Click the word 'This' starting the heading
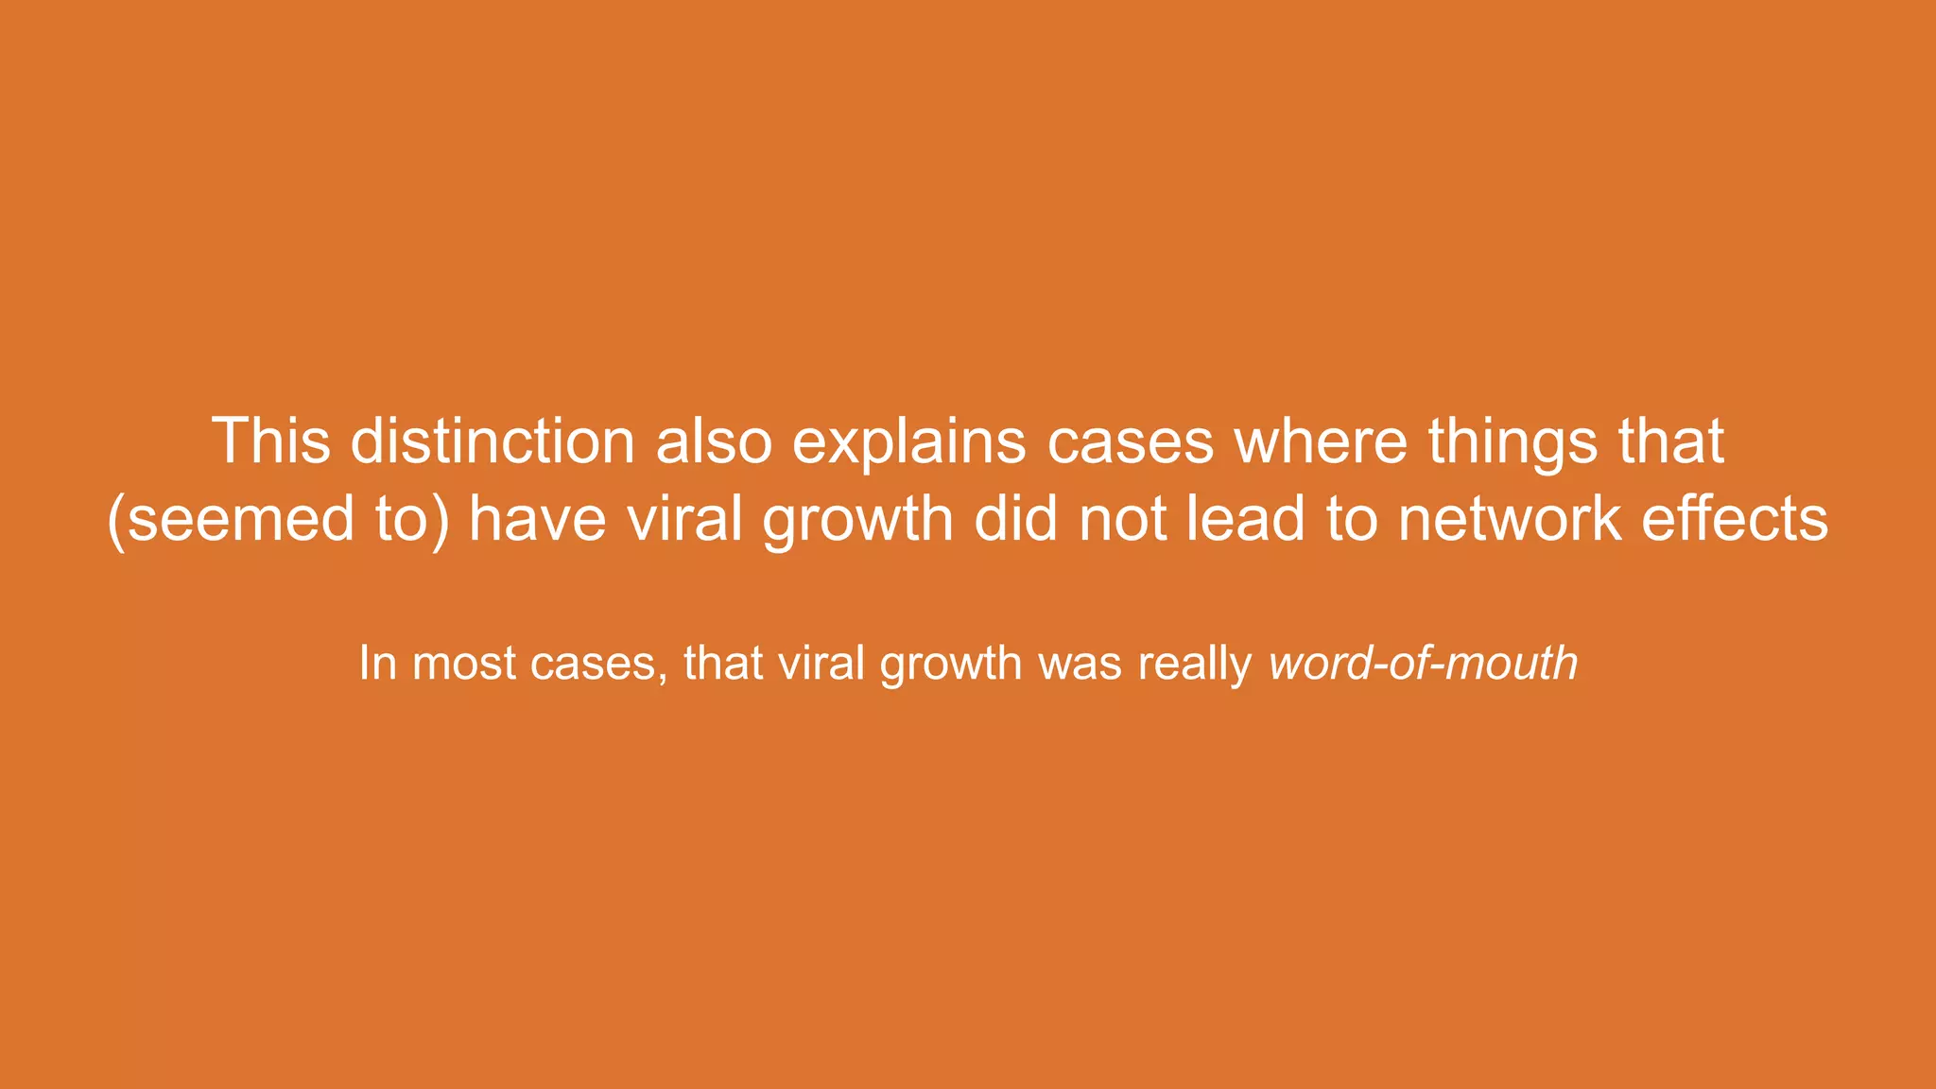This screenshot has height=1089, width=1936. [270, 441]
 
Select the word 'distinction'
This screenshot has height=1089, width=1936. [493, 441]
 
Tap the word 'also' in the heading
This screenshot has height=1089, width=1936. [714, 441]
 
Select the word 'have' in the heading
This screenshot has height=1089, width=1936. [537, 520]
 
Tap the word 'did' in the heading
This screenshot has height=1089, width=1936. [1015, 520]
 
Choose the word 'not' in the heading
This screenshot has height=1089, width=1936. [1122, 520]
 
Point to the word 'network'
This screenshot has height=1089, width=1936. [1509, 520]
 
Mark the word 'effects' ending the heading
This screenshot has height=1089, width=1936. [1735, 520]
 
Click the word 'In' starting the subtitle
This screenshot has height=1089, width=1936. [377, 664]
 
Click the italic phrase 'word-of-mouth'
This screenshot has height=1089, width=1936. [1423, 664]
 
